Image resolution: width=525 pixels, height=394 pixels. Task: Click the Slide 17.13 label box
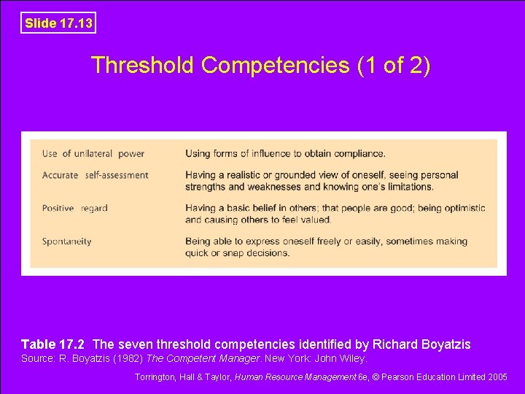point(58,23)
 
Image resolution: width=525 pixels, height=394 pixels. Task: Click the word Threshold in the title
point(143,66)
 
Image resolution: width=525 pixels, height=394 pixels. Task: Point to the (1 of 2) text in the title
point(394,66)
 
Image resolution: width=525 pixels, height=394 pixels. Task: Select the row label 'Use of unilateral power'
point(93,153)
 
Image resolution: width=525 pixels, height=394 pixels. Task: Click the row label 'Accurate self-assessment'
point(95,175)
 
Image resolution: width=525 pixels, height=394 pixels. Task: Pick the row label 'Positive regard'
point(74,208)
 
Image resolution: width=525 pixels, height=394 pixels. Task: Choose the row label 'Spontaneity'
point(67,242)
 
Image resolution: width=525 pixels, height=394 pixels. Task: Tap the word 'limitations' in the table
point(407,187)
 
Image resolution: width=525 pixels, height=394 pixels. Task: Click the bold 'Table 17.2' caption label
point(53,344)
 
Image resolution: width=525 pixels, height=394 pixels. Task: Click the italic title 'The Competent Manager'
point(204,359)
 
